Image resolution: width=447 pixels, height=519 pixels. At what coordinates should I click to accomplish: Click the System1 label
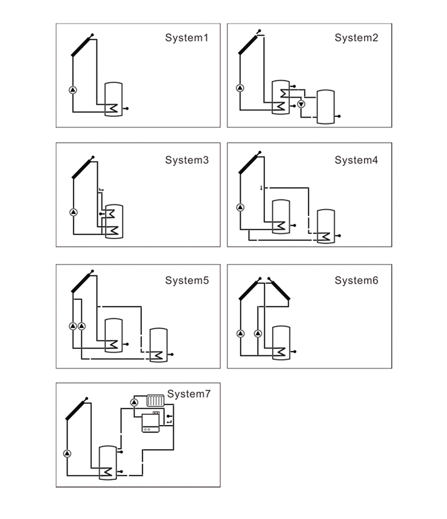186,38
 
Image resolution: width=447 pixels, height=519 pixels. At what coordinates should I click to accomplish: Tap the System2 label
356,38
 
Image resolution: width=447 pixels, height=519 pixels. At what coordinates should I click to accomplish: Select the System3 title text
186,160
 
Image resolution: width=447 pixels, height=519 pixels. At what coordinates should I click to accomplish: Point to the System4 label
356,160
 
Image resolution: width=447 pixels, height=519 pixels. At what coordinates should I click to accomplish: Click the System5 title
186,281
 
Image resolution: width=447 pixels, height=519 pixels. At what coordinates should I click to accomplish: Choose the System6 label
356,281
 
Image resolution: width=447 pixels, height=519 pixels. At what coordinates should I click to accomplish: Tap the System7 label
188,394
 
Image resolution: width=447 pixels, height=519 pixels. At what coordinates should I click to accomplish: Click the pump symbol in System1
72,89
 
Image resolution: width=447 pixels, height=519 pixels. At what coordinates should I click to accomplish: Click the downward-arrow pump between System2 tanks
301,104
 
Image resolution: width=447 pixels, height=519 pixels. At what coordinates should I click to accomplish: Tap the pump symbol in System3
73,212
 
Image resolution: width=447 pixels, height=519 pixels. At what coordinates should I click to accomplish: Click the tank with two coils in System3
114,221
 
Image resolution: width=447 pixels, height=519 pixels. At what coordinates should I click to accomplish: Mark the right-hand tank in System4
326,226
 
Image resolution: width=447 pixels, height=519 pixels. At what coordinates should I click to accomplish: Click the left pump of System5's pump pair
73,327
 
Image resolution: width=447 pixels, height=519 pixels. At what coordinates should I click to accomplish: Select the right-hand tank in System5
158,345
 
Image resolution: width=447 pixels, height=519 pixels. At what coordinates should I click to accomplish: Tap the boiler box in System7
150,421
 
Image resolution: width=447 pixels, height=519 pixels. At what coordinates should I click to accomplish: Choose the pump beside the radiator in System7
134,402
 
